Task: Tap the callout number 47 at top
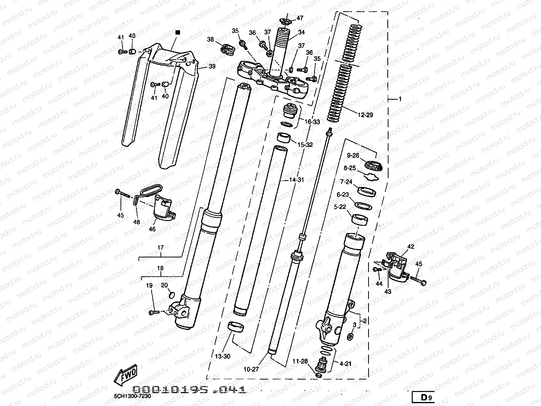pos(300,18)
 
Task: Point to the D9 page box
pos(425,398)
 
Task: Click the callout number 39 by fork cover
pos(212,66)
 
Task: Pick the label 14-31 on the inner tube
pos(297,180)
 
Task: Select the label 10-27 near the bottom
pos(250,369)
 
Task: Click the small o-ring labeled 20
pos(171,295)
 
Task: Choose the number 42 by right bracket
pos(411,247)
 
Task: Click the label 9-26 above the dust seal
pos(353,155)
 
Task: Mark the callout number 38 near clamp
pos(210,39)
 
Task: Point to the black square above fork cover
pos(178,32)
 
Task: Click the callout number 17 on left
pos(160,248)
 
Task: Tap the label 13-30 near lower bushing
pos(222,356)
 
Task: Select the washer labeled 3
pos(350,337)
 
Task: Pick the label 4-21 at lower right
pos(345,364)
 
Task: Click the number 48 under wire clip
pos(136,221)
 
